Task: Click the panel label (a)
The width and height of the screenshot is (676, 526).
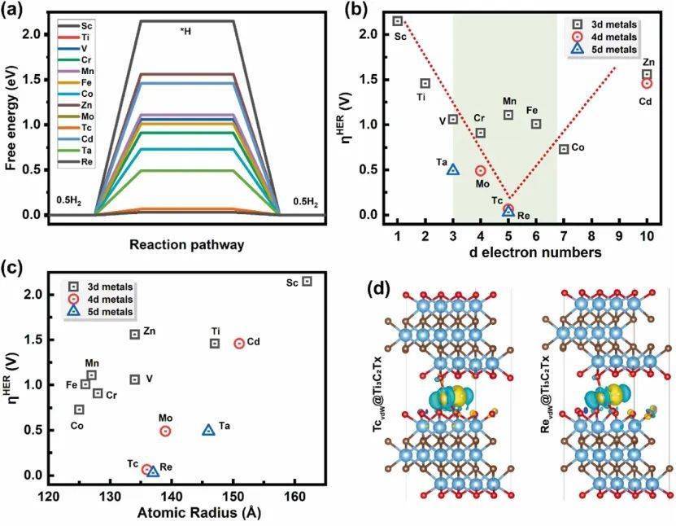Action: point(17,11)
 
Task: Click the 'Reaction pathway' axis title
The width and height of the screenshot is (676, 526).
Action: point(187,243)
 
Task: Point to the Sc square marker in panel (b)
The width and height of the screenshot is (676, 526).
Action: point(398,21)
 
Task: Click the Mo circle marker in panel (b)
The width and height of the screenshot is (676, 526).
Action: point(481,171)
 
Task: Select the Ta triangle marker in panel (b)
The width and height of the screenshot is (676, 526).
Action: point(453,169)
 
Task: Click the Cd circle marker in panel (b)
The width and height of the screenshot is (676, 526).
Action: point(647,83)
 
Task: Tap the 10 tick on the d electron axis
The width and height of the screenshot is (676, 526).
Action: point(647,236)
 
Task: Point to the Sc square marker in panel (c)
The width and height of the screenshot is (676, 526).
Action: point(307,281)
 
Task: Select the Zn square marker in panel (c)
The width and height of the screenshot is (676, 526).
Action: point(135,334)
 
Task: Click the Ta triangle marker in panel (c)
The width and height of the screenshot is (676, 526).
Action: point(208,430)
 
